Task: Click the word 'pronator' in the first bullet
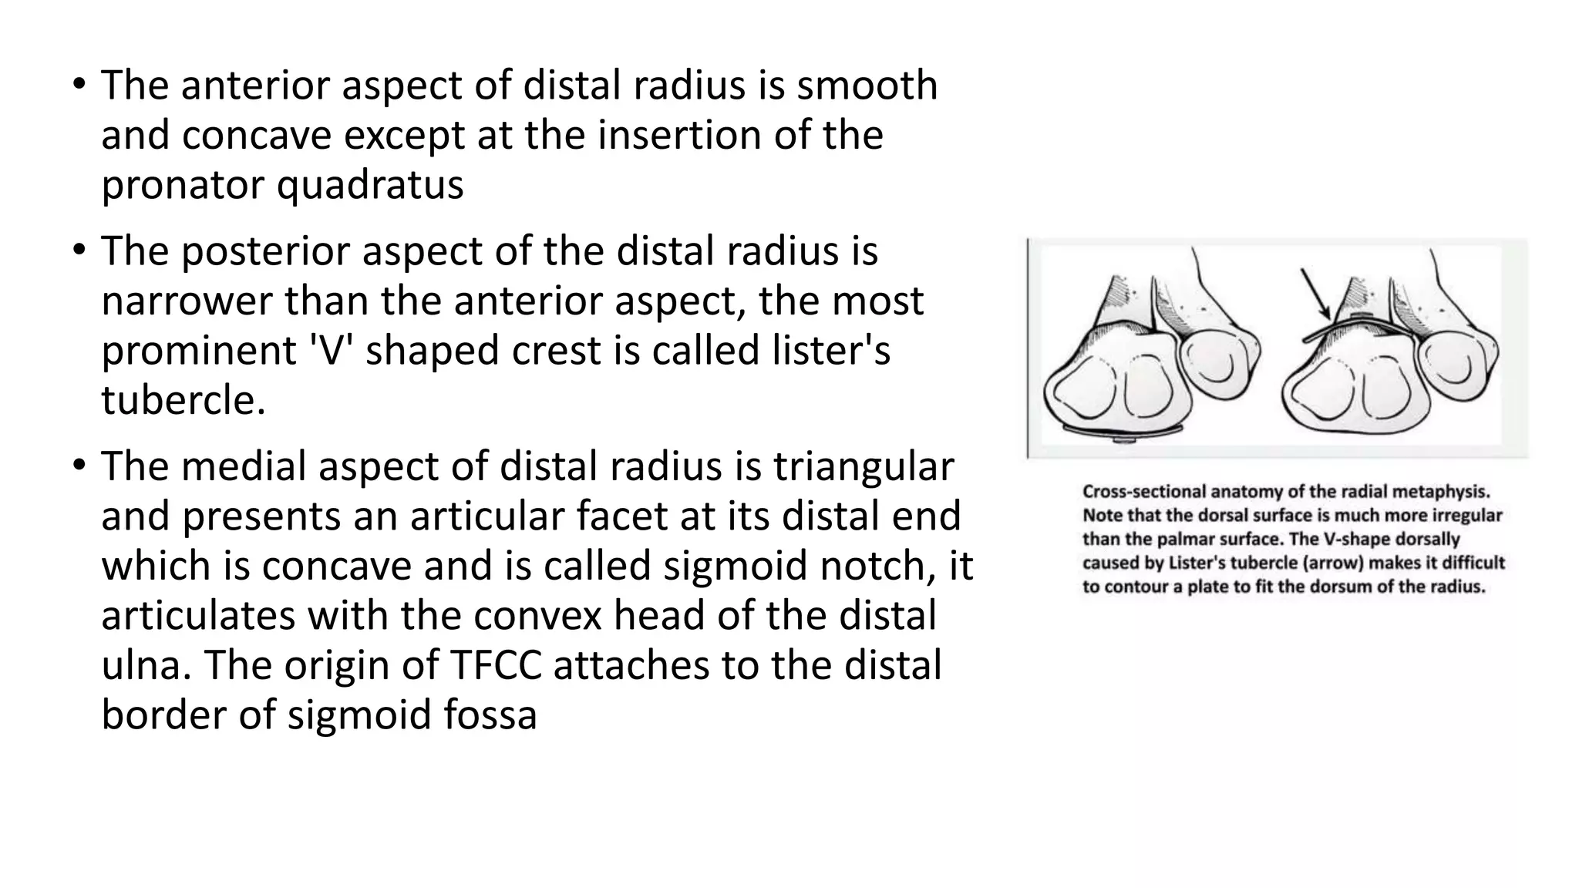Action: (183, 185)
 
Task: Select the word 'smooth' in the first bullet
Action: (867, 85)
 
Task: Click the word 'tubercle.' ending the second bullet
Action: (183, 400)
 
